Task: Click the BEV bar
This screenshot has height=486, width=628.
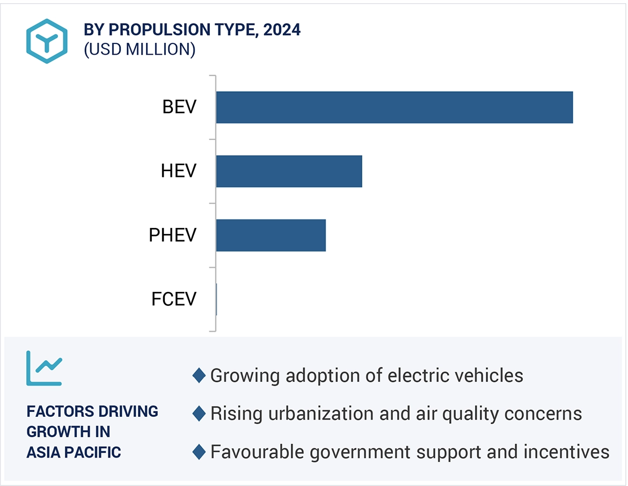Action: pyautogui.click(x=395, y=107)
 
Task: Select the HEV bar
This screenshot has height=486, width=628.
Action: pyautogui.click(x=289, y=172)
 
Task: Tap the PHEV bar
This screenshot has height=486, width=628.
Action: pyautogui.click(x=271, y=235)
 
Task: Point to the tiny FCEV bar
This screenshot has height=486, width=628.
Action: pyautogui.click(x=216, y=299)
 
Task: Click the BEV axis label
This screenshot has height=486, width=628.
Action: pyautogui.click(x=179, y=107)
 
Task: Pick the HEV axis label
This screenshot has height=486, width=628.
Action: pyautogui.click(x=179, y=172)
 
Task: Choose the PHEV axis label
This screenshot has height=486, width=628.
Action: pyautogui.click(x=173, y=235)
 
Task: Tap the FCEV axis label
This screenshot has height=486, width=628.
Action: pyautogui.click(x=174, y=299)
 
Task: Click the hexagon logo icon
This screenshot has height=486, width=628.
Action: pyautogui.click(x=47, y=41)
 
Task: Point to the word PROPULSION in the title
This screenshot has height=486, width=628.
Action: pyautogui.click(x=153, y=30)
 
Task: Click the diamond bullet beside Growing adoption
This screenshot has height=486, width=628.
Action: pyautogui.click(x=199, y=375)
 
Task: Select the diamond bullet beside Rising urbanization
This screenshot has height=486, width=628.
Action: pyautogui.click(x=199, y=414)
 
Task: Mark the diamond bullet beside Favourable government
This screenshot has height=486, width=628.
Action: pyautogui.click(x=199, y=452)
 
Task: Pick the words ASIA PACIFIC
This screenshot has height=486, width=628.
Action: pyautogui.click(x=74, y=452)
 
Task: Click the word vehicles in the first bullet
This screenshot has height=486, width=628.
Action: pyautogui.click(x=487, y=375)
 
